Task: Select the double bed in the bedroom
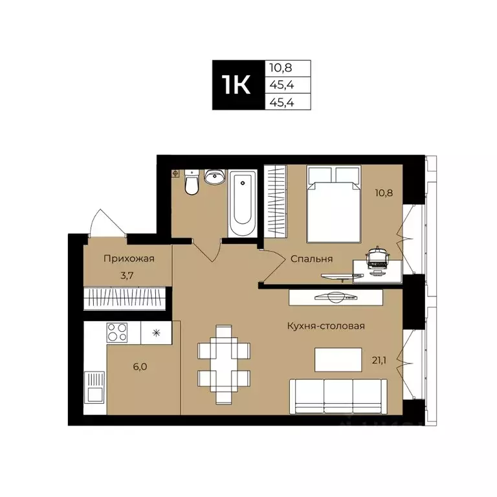pyautogui.click(x=333, y=204)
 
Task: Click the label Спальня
pyautogui.click(x=312, y=259)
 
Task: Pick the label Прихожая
pyautogui.click(x=129, y=259)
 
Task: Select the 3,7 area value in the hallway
pyautogui.click(x=128, y=275)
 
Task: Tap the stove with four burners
pyautogui.click(x=117, y=333)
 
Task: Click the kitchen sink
pyautogui.click(x=94, y=388)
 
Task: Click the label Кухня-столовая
pyautogui.click(x=326, y=326)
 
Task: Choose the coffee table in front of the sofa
pyautogui.click(x=337, y=359)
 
